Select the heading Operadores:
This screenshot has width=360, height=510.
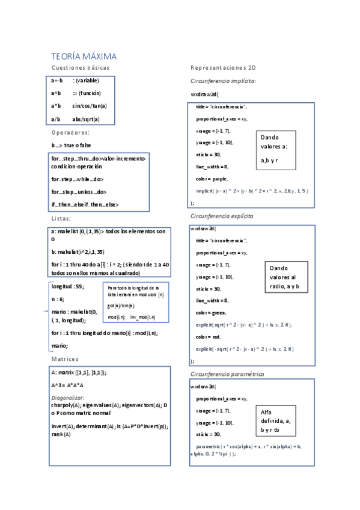[x=71, y=132]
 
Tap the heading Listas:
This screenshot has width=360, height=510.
[x=61, y=218]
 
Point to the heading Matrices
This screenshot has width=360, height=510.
[x=65, y=359]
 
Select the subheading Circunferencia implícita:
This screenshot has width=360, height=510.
[x=224, y=81]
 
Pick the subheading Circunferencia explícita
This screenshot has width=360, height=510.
[x=222, y=215]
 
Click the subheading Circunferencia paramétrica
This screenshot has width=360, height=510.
[x=226, y=374]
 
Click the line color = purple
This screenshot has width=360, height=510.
[x=212, y=179]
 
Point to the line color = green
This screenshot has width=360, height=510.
[x=212, y=313]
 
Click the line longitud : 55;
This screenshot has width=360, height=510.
[x=68, y=286]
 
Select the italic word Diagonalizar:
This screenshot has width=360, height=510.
[x=68, y=398]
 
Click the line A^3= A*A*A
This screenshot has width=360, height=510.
[x=67, y=385]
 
